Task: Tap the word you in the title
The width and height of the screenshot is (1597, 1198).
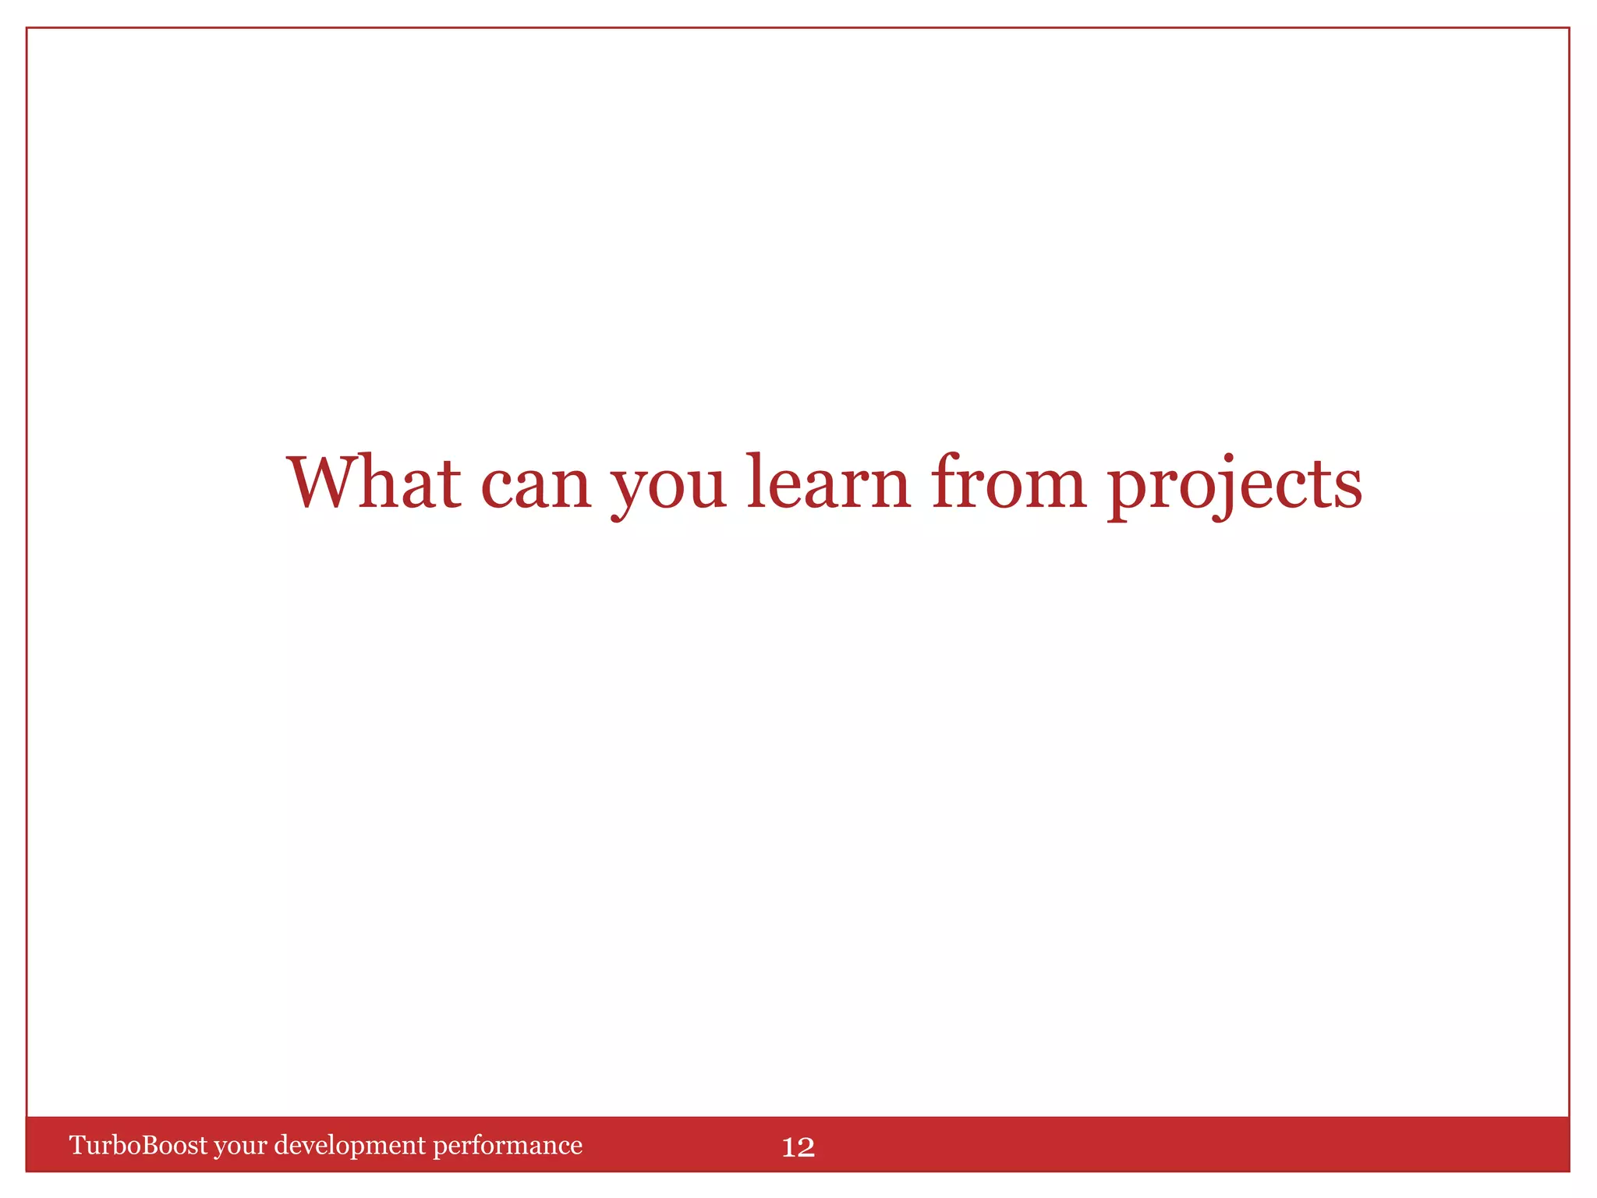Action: [668, 487]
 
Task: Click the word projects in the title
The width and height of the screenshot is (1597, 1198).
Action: [1234, 485]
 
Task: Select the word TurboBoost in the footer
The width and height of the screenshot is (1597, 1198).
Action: [139, 1145]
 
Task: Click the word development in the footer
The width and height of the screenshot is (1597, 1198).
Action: [350, 1146]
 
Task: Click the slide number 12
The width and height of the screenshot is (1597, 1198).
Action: [798, 1147]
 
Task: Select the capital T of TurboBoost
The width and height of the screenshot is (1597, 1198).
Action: [77, 1145]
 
